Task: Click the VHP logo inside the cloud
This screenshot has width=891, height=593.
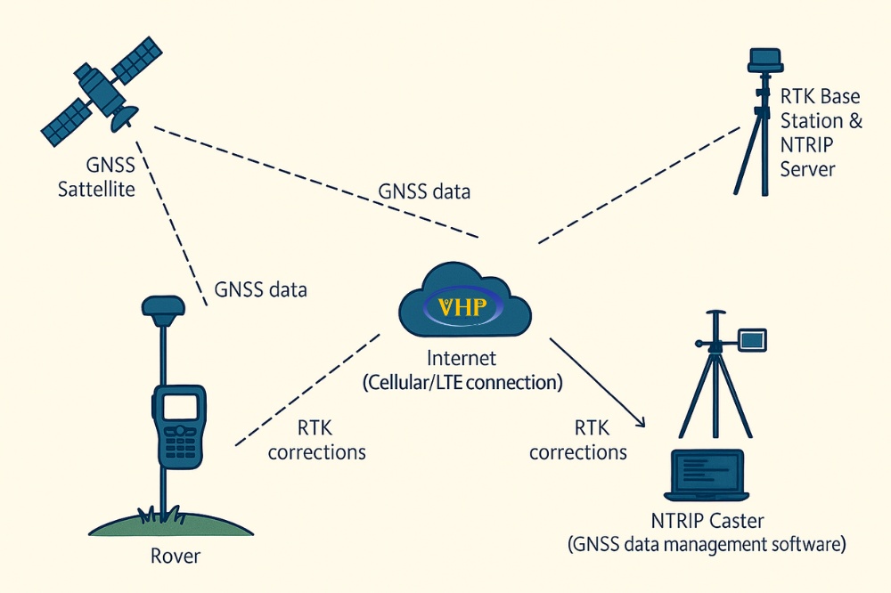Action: pos(464,309)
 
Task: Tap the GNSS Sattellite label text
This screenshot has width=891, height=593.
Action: pos(97,177)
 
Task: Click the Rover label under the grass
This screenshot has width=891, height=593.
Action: pos(175,557)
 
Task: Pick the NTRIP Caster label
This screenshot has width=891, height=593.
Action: pos(707,520)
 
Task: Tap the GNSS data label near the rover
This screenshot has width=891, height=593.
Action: pos(260,289)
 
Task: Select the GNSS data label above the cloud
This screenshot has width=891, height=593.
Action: pos(424,191)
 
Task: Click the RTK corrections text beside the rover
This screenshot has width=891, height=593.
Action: pos(316,440)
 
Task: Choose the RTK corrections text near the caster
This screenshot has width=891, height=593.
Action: pos(578,440)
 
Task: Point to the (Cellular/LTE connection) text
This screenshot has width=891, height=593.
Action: pos(462,383)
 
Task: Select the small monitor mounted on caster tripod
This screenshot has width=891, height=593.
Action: pos(751,338)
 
